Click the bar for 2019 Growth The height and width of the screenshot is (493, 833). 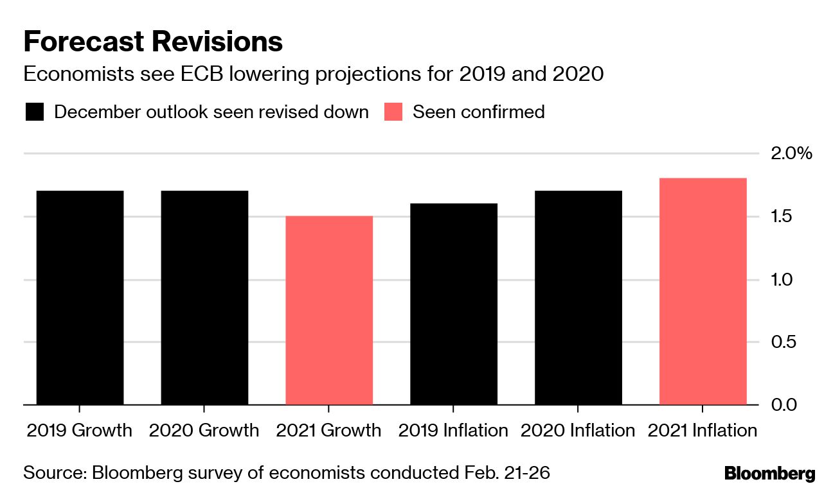[79, 298]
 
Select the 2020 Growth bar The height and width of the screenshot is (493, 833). [204, 298]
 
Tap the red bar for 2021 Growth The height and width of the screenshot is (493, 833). [329, 311]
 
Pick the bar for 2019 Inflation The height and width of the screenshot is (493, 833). [454, 304]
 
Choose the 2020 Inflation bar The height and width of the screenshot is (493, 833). [578, 298]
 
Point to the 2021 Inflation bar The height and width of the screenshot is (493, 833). [703, 291]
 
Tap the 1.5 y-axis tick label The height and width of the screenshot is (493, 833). [782, 217]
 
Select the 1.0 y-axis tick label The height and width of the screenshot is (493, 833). [782, 280]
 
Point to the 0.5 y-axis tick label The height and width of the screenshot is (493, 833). [782, 342]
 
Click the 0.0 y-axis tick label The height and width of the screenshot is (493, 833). [782, 405]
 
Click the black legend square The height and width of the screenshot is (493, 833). [35, 112]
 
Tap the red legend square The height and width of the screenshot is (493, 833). [393, 112]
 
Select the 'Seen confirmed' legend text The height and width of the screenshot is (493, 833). [478, 112]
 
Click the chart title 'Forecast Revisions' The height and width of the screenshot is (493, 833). [153, 42]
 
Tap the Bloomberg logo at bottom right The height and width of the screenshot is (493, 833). [769, 474]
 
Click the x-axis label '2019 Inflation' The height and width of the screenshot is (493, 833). [453, 430]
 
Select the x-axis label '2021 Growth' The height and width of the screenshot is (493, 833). [328, 430]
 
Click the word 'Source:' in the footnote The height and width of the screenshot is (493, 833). [55, 474]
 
